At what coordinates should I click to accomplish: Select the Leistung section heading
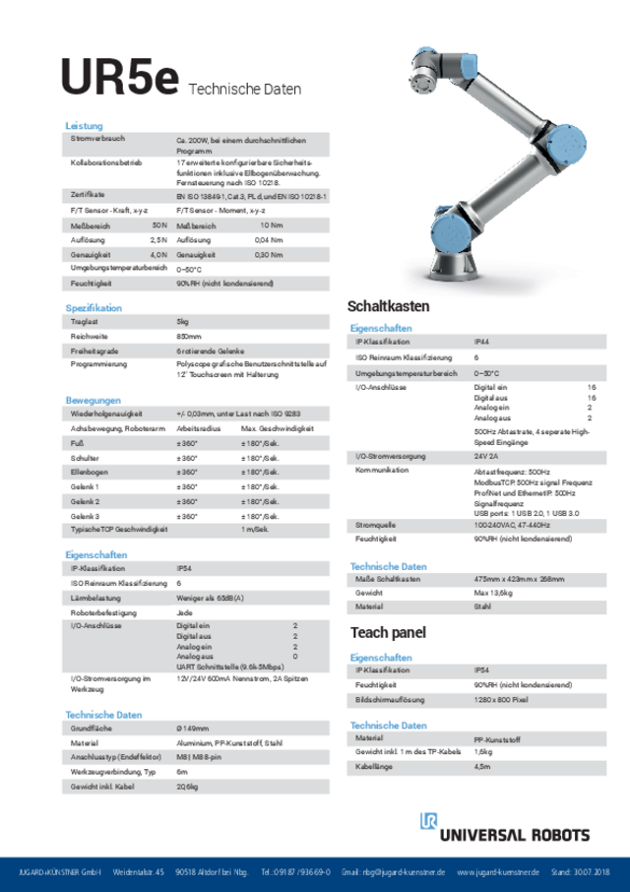click(x=84, y=126)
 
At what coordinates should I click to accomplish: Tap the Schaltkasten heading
click(x=388, y=306)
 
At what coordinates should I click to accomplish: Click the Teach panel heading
click(x=388, y=632)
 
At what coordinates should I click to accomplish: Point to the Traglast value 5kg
click(x=182, y=322)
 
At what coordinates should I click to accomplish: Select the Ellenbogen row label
click(x=90, y=473)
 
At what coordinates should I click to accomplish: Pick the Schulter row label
click(x=85, y=458)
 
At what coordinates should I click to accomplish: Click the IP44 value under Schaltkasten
click(x=483, y=342)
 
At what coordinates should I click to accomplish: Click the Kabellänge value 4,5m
click(x=482, y=766)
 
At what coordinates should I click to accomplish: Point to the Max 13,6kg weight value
click(x=494, y=594)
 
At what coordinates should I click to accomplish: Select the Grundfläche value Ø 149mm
click(x=193, y=729)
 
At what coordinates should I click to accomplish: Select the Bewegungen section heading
click(x=93, y=400)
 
